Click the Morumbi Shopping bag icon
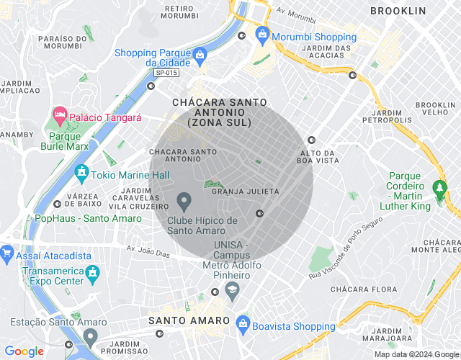pyautogui.click(x=261, y=35)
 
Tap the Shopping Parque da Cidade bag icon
pyautogui.click(x=200, y=54)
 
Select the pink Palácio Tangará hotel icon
pyautogui.click(x=60, y=115)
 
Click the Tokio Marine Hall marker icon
pyautogui.click(x=81, y=173)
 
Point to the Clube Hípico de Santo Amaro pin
pyautogui.click(x=184, y=199)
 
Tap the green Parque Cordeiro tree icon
pyautogui.click(x=439, y=189)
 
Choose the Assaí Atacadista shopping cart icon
pyautogui.click(x=7, y=253)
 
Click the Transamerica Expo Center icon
pyautogui.click(x=91, y=272)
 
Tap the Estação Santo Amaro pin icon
pyautogui.click(x=89, y=336)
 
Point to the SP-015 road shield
pyautogui.click(x=166, y=73)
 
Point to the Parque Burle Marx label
pyautogui.click(x=68, y=140)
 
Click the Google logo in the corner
pyautogui.click(x=24, y=351)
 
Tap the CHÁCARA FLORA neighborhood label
pyautogui.click(x=363, y=289)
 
